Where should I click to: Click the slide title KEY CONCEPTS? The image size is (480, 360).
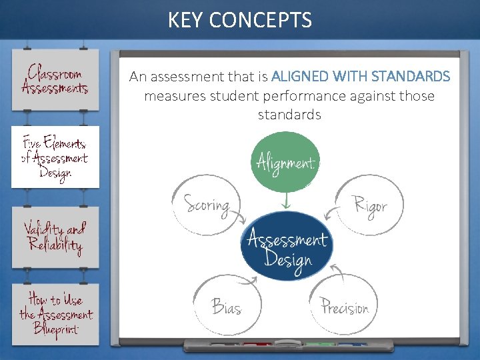239,20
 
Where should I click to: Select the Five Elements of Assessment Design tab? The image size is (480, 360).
55,157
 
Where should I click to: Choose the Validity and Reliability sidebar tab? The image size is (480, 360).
55,237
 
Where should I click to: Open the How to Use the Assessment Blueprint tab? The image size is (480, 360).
55,314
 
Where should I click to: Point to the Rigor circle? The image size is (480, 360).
367,206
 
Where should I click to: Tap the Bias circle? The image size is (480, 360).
226,306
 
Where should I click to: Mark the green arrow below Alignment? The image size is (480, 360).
285,201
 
